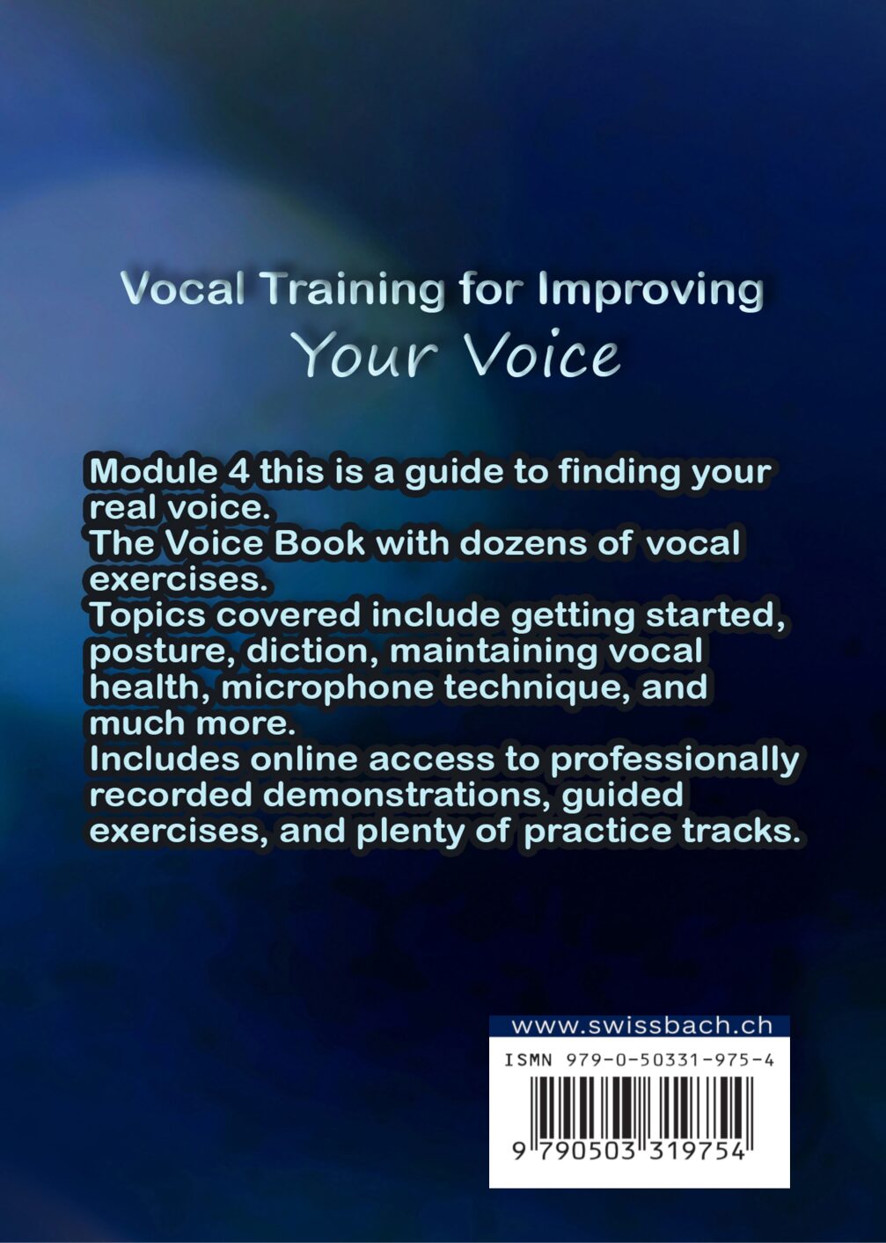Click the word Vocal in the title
click(x=182, y=290)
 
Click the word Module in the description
click(x=153, y=472)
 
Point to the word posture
click(x=163, y=652)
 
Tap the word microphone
click(x=326, y=688)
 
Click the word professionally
click(x=674, y=760)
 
